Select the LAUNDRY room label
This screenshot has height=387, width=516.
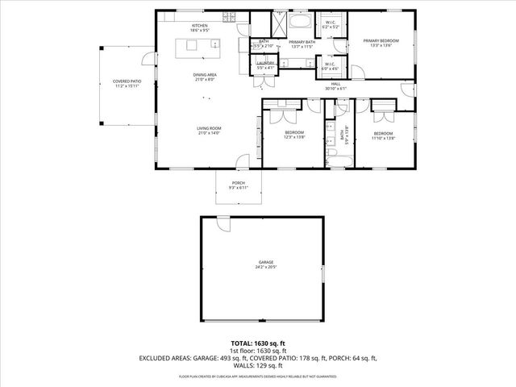tap(265, 64)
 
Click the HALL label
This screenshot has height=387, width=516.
tap(335, 85)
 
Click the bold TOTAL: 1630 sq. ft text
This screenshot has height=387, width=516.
tap(258, 342)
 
